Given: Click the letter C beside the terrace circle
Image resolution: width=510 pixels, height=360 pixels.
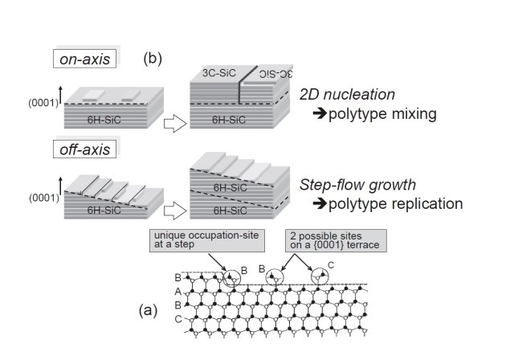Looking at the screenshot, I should (330, 263).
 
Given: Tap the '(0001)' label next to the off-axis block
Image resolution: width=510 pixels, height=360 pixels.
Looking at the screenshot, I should (39, 196).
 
